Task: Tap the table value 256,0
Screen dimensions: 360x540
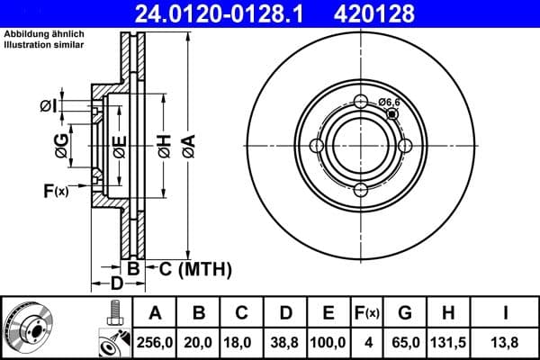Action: point(155,342)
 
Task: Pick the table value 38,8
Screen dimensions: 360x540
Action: point(285,342)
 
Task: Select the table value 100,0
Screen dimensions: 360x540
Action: point(328,342)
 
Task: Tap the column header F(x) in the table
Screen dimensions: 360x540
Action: point(368,313)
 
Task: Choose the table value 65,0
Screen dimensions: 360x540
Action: point(406,342)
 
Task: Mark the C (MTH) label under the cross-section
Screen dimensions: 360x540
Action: point(193,268)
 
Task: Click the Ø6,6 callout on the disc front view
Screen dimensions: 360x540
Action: point(389,103)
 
